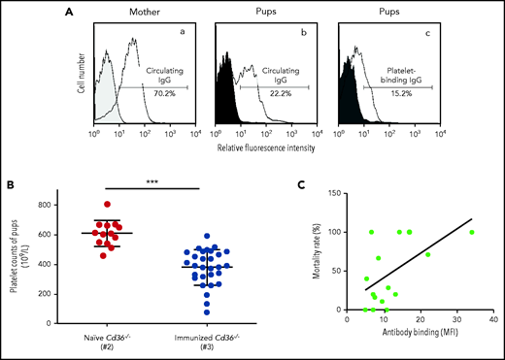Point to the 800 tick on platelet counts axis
[x=93, y=206]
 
